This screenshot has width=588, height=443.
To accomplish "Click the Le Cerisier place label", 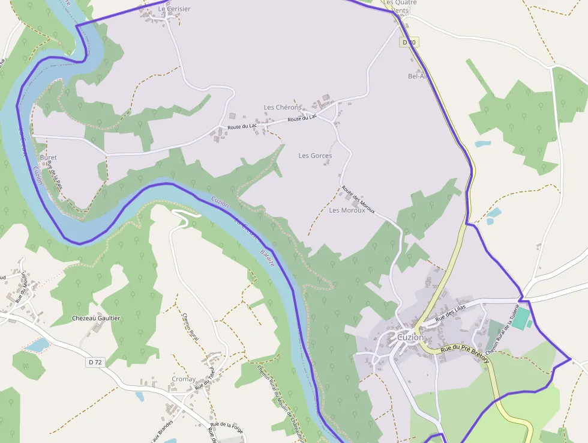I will click(x=174, y=9).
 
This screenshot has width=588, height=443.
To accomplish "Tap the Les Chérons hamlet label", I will click(x=283, y=108).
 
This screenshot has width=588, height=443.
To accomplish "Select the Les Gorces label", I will click(x=315, y=156).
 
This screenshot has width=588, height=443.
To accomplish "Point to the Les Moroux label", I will click(x=347, y=210).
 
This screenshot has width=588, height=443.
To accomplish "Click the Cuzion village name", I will click(x=410, y=337).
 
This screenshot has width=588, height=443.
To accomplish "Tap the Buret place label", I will click(x=48, y=157).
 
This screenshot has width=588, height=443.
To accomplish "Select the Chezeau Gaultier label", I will click(x=96, y=318).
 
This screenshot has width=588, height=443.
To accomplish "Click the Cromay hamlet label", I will click(x=184, y=379).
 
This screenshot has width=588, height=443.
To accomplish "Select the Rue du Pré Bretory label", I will click(x=465, y=353).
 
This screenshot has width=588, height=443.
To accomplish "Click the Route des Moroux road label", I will click(x=358, y=200).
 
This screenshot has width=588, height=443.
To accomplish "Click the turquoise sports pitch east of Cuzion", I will click(x=521, y=317).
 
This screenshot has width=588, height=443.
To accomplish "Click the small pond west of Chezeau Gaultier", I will click(x=38, y=345).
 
